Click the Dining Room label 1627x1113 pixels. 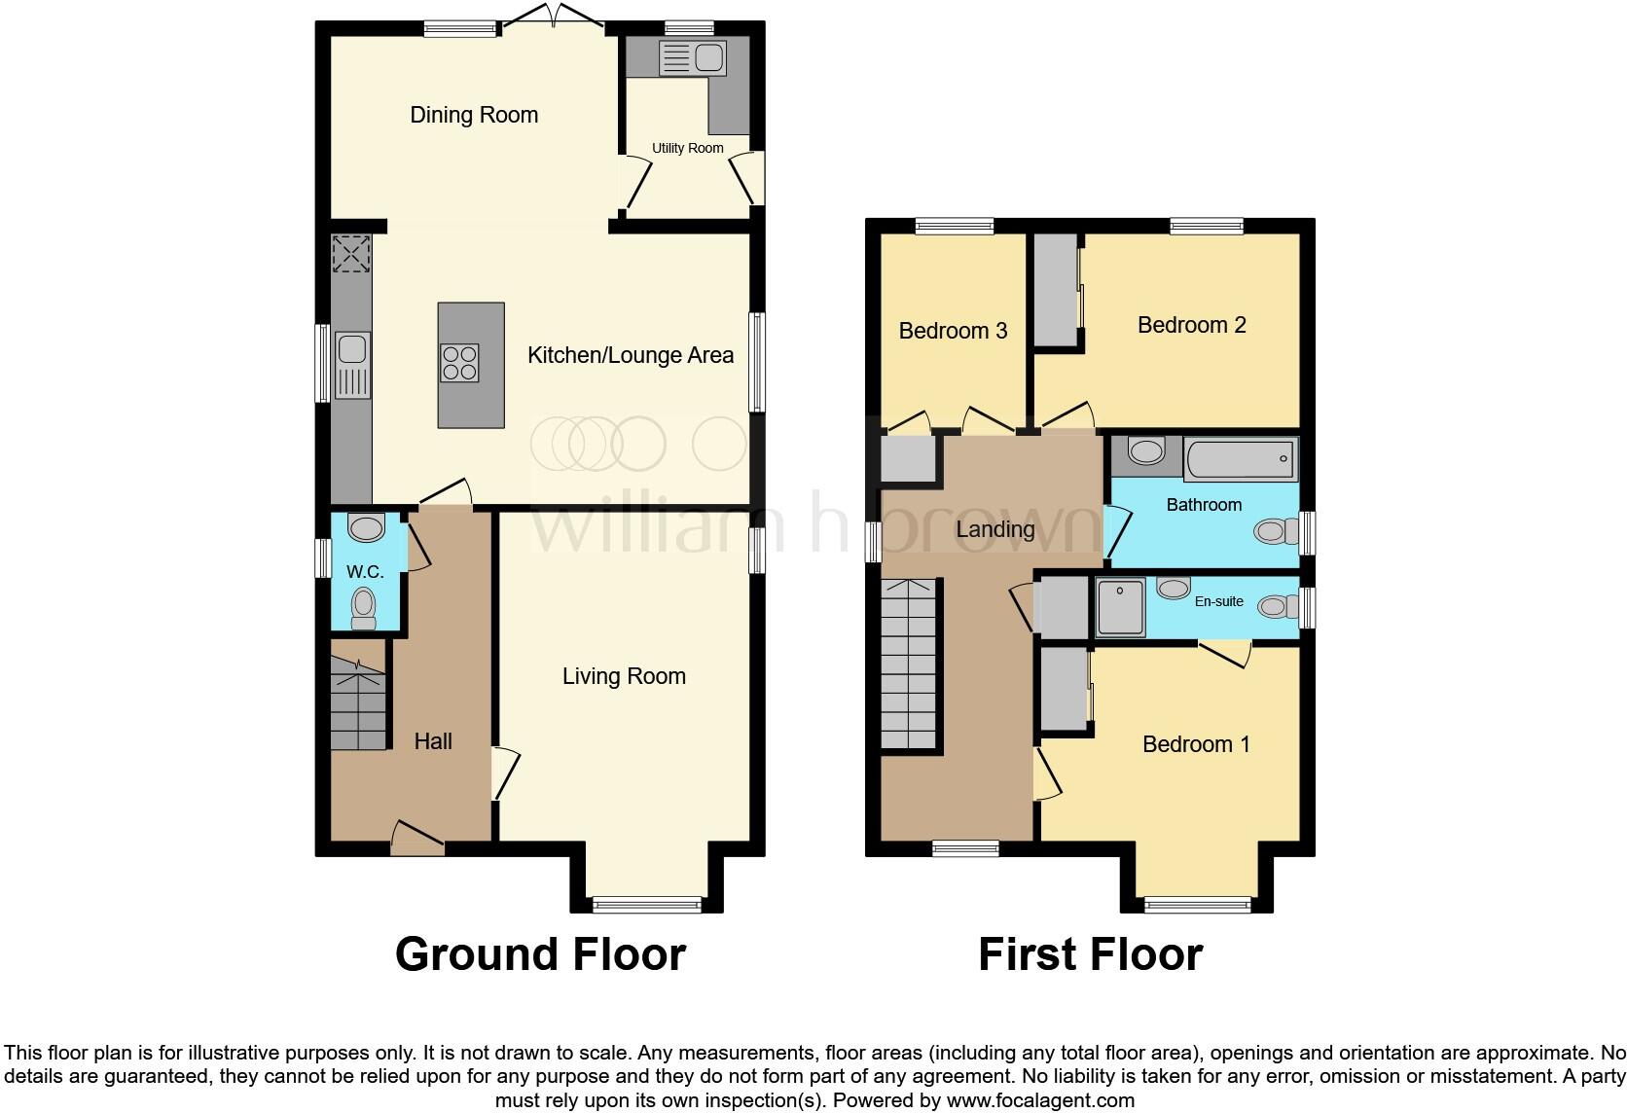(474, 115)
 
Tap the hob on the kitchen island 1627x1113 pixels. (459, 363)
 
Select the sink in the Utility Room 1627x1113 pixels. (692, 58)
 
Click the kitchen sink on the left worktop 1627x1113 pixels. (351, 365)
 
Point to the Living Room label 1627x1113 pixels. (624, 676)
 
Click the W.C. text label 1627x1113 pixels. (365, 571)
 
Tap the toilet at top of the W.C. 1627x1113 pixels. (366, 527)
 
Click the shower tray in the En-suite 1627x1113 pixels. (1120, 607)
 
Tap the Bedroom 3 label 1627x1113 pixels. (953, 331)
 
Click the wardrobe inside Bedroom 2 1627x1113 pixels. (1056, 290)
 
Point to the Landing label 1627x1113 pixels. (994, 529)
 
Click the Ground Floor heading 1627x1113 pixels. (540, 954)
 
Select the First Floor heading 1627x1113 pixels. (1090, 954)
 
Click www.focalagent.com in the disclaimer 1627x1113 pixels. (1039, 1100)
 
